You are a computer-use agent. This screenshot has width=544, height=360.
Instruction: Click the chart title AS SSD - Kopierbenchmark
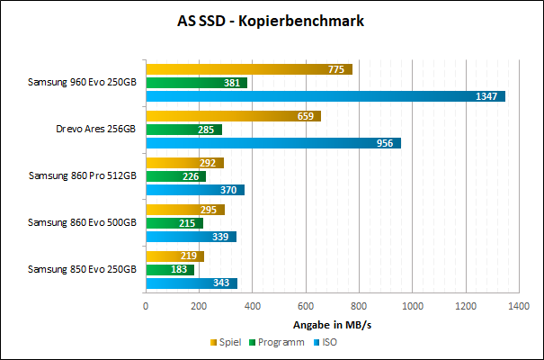click(x=272, y=21)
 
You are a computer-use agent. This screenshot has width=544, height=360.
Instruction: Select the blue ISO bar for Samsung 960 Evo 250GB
click(x=325, y=96)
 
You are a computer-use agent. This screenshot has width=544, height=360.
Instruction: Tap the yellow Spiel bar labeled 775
click(x=248, y=69)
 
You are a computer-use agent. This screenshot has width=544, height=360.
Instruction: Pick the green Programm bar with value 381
click(x=196, y=83)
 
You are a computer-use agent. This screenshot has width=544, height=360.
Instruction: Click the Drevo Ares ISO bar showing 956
click(x=272, y=143)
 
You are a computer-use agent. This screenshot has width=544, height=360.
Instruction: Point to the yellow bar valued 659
click(x=233, y=116)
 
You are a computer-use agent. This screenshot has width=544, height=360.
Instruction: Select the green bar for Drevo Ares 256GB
click(x=183, y=130)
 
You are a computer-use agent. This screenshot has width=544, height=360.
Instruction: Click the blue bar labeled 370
click(x=194, y=190)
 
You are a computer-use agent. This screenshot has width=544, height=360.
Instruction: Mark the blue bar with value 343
click(x=191, y=283)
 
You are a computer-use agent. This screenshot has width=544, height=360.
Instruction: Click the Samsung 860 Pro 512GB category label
click(x=82, y=175)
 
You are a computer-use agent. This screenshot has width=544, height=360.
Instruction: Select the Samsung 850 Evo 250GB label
click(x=82, y=269)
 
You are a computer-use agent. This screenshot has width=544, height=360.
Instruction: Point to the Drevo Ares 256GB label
click(x=95, y=129)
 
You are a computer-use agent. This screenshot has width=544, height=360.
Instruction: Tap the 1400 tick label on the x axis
click(x=519, y=306)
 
